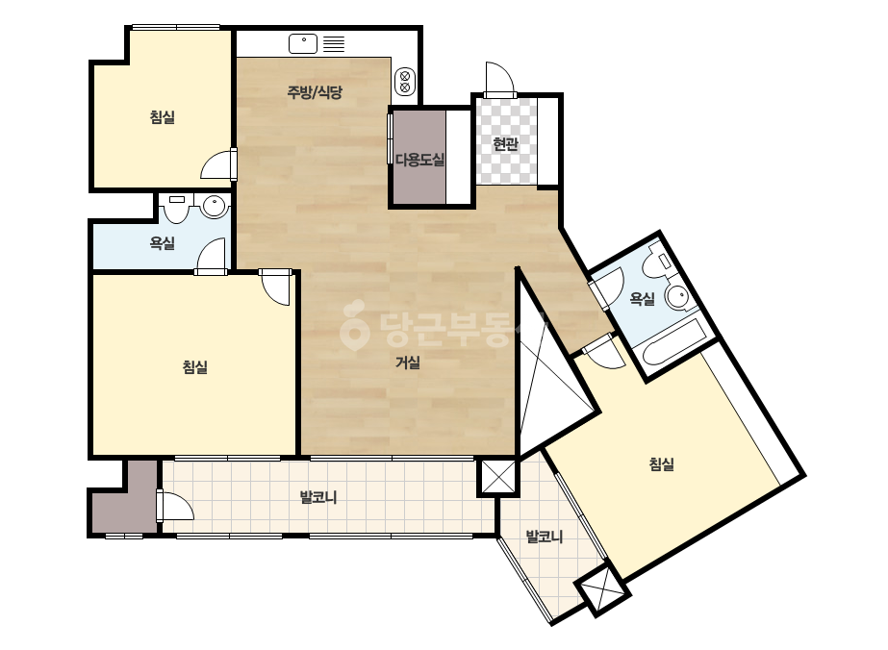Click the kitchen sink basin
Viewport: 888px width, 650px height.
tap(303, 43)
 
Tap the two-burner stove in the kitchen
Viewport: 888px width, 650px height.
tap(405, 81)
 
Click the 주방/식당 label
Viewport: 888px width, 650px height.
tap(315, 92)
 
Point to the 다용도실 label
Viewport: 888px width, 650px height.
tap(419, 160)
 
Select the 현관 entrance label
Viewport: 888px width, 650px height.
tap(506, 144)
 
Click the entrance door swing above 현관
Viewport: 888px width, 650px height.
tap(499, 79)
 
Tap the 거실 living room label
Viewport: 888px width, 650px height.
tap(408, 362)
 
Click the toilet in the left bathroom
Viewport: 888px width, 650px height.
tap(177, 209)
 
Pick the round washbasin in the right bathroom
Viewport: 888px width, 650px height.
tap(678, 296)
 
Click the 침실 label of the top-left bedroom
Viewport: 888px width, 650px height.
tap(163, 117)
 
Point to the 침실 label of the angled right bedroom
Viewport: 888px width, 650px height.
tap(662, 464)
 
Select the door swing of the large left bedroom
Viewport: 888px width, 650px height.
tap(276, 288)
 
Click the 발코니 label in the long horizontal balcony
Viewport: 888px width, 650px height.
tap(318, 497)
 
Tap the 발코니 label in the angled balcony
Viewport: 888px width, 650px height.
tap(545, 537)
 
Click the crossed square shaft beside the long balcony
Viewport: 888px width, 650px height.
tap(498, 477)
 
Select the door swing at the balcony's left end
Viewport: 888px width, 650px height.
tap(176, 506)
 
